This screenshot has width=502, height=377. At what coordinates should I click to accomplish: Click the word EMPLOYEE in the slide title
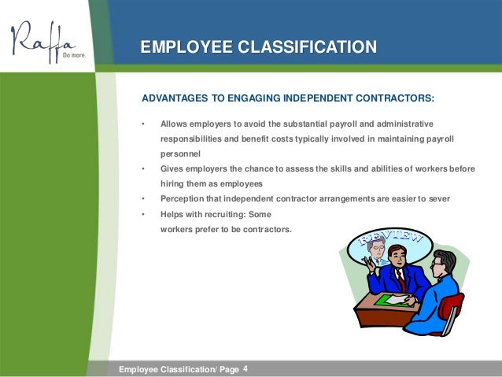pyautogui.click(x=184, y=48)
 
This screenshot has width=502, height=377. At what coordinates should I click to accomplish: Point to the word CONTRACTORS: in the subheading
pyautogui.click(x=393, y=99)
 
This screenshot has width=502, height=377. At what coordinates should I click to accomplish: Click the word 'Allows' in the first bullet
pyautogui.click(x=174, y=124)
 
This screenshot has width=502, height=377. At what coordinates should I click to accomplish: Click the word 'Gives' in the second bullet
pyautogui.click(x=172, y=168)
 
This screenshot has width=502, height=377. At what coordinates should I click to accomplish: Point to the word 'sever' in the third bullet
pyautogui.click(x=440, y=198)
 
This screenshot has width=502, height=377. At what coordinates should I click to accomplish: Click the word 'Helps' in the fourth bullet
pyautogui.click(x=173, y=213)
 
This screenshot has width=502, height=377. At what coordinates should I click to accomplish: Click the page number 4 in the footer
pyautogui.click(x=245, y=368)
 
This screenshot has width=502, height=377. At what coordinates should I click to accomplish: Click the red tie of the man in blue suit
pyautogui.click(x=400, y=277)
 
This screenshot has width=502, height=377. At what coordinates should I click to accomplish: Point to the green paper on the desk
pyautogui.click(x=391, y=300)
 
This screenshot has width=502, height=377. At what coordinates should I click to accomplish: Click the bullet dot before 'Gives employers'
pyautogui.click(x=142, y=168)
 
